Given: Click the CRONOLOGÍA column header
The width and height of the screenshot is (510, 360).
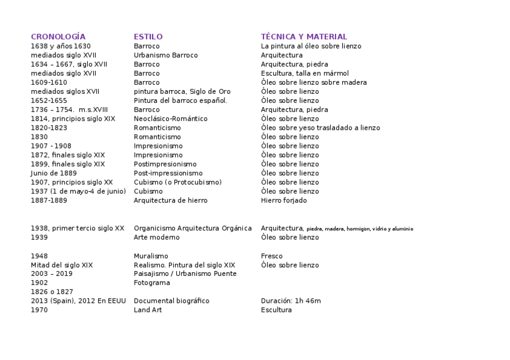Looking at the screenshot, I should (x=58, y=37).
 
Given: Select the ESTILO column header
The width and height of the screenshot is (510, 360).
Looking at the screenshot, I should (x=148, y=37).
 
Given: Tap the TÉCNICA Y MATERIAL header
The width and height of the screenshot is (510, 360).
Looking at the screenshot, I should (x=304, y=37).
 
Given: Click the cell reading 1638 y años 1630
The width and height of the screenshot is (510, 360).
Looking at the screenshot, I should (x=61, y=46).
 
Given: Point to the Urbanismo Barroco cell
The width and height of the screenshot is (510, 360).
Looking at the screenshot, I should (x=165, y=55).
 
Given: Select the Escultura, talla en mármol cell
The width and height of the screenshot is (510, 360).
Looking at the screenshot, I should (x=304, y=73).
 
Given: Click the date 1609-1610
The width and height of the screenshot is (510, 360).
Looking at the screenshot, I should (x=49, y=82).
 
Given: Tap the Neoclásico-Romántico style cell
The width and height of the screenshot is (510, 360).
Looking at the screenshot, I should (x=170, y=119).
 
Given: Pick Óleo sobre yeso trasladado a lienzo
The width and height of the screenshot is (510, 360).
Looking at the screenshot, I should (x=320, y=128).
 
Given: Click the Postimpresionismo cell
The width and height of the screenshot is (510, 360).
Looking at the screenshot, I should (x=165, y=164).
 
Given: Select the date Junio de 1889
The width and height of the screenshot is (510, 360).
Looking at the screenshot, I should (x=54, y=173).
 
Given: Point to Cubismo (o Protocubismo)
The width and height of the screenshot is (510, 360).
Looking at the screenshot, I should (x=177, y=182).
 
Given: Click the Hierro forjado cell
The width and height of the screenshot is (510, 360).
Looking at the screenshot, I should (x=283, y=200).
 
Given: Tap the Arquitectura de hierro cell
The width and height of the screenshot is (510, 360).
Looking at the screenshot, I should (x=170, y=200).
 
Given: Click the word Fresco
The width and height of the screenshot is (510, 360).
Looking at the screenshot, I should (x=271, y=256).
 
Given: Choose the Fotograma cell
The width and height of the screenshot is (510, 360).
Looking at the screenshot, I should (x=152, y=282).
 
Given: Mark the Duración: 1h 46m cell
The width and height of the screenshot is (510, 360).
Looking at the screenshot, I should (x=290, y=301).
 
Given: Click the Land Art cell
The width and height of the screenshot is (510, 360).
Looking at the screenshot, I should (x=147, y=310).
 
